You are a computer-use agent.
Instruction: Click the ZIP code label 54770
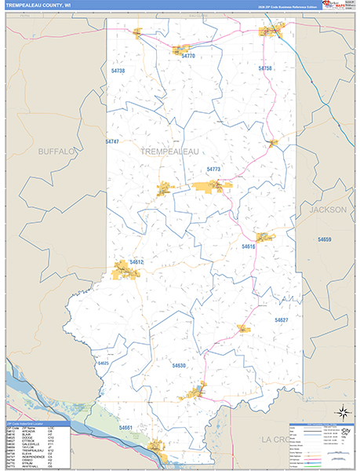tap(188, 57)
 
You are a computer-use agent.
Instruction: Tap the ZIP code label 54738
tap(118, 71)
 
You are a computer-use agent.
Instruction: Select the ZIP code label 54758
tap(265, 69)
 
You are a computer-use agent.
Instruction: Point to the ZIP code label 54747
tap(112, 141)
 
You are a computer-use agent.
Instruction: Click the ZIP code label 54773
tap(214, 170)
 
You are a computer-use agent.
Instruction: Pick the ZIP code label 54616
tap(249, 246)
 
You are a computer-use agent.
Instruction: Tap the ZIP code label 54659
tap(325, 239)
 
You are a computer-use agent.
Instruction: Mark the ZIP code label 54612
tap(137, 261)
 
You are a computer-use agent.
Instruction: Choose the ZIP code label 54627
tap(282, 320)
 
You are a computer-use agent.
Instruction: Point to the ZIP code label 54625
tap(103, 363)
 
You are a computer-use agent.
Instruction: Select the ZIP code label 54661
tap(126, 428)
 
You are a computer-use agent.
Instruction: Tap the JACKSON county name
tap(327, 210)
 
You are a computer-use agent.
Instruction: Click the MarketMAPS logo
tap(343, 5)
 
